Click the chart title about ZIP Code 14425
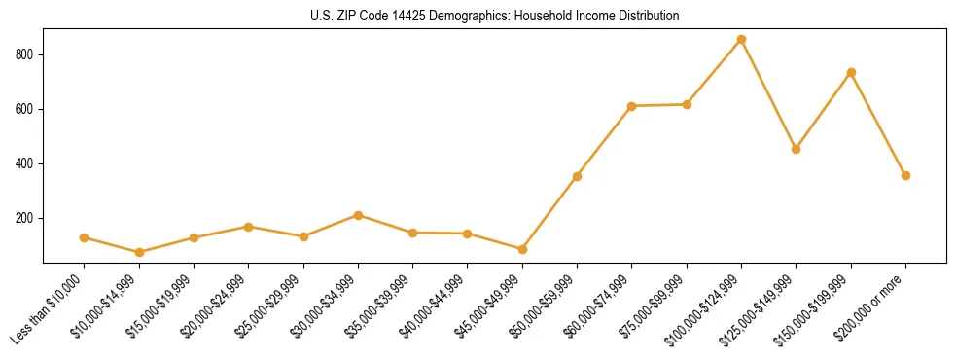pyautogui.click(x=478, y=16)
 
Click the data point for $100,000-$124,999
pyautogui.click(x=741, y=39)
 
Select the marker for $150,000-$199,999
pyautogui.click(x=851, y=72)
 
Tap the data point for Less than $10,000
pyautogui.click(x=84, y=237)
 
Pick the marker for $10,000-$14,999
pyautogui.click(x=139, y=252)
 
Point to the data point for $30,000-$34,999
pyautogui.click(x=358, y=215)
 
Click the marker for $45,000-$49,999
pyautogui.click(x=522, y=249)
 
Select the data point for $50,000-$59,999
pyautogui.click(x=577, y=176)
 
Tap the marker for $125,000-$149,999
pyautogui.click(x=796, y=149)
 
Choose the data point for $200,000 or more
pyautogui.click(x=905, y=175)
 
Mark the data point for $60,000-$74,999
pyautogui.click(x=632, y=106)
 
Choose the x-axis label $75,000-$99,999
pyautogui.click(x=652, y=308)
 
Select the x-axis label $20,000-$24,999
pyautogui.click(x=214, y=308)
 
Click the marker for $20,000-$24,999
pyautogui.click(x=248, y=227)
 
